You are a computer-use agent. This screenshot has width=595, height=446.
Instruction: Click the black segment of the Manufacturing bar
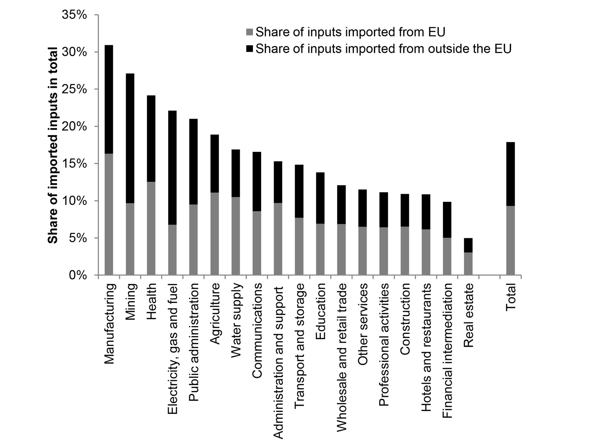click(109, 99)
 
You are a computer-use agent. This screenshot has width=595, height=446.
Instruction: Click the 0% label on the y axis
click(78, 275)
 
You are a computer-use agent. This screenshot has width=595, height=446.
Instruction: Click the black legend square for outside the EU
click(249, 49)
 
